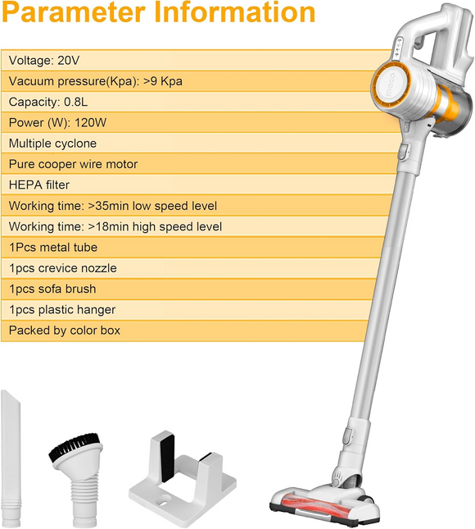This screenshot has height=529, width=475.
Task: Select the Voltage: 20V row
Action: (44, 60)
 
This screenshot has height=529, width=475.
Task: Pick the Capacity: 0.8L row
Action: (48, 102)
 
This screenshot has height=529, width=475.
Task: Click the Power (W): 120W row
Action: (58, 122)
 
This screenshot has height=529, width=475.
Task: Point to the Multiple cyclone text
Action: (52, 144)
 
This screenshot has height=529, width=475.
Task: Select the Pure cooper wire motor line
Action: (73, 164)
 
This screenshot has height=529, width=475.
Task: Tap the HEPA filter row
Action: (39, 185)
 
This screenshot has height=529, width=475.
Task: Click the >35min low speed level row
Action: (113, 206)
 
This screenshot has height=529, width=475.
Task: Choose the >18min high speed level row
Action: (115, 226)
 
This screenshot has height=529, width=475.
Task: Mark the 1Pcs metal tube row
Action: (53, 247)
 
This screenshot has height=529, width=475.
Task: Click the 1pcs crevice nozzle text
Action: (62, 268)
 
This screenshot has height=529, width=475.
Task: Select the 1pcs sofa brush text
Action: (52, 289)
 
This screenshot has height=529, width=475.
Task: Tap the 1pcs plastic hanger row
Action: (62, 309)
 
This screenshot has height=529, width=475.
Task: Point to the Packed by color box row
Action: (65, 331)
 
